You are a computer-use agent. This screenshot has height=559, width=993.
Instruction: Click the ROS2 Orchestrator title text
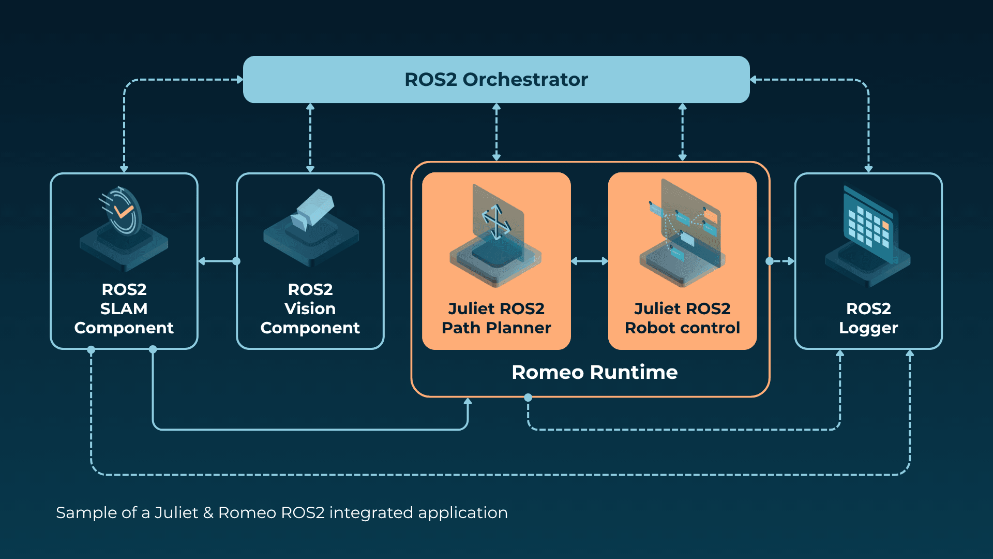click(x=496, y=80)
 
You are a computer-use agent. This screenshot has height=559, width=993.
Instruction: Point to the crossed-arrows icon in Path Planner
click(x=496, y=222)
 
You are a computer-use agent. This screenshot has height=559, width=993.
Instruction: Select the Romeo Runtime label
click(x=594, y=372)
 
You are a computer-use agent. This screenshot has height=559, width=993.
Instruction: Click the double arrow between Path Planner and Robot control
click(x=590, y=261)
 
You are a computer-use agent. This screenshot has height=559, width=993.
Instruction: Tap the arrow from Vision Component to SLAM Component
click(x=217, y=261)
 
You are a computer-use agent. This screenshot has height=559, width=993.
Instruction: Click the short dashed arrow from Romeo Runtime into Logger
click(x=783, y=261)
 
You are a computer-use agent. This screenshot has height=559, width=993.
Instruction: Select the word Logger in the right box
click(x=868, y=328)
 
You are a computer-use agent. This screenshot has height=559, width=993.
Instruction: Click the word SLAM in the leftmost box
click(x=124, y=308)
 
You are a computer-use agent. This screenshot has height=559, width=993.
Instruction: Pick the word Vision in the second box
click(x=310, y=308)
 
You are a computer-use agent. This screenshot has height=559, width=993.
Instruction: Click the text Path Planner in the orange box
click(x=496, y=328)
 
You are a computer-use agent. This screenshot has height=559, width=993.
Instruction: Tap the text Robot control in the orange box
click(x=682, y=328)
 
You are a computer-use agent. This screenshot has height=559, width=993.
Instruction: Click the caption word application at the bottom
click(x=462, y=513)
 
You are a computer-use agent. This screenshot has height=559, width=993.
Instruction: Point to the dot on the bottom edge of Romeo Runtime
click(x=528, y=398)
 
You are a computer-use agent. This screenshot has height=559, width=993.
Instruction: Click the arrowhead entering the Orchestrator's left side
click(x=239, y=80)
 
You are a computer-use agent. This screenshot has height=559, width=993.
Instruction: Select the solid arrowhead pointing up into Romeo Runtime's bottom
click(x=468, y=402)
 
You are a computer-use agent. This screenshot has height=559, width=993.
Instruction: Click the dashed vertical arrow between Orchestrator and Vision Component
click(x=310, y=137)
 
